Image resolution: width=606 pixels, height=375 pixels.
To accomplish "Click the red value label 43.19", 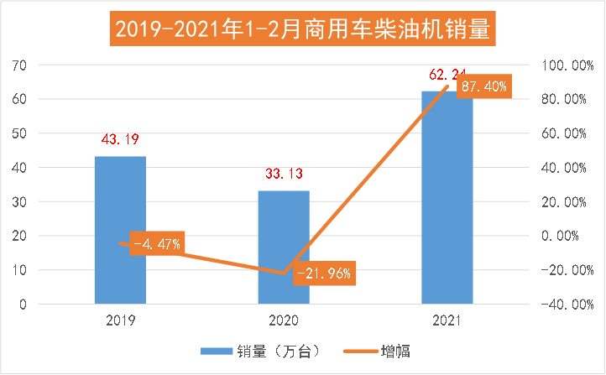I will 120,138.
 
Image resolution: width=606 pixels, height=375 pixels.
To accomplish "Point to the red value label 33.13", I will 284,174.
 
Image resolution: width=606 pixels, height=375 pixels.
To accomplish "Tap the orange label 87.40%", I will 483,86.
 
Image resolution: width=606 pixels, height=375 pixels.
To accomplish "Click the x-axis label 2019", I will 120,320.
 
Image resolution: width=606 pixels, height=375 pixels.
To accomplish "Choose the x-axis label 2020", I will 284,320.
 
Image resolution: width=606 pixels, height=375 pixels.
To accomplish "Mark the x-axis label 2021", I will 447,320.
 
